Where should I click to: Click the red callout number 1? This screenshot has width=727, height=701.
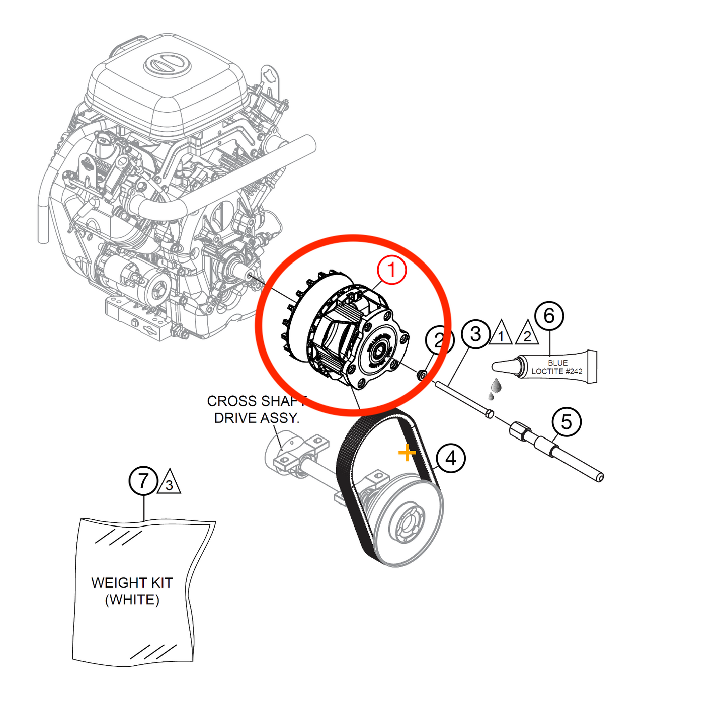[391, 270]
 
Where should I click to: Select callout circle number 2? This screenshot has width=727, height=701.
[439, 340]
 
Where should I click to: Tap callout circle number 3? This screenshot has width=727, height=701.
[475, 333]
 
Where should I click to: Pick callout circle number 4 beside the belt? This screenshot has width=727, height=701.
[451, 458]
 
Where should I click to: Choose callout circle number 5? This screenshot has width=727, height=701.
[567, 422]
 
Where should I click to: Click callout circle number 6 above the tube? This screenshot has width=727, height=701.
[549, 316]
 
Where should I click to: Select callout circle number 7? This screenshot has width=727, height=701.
[144, 481]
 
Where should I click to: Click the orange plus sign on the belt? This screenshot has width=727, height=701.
[407, 453]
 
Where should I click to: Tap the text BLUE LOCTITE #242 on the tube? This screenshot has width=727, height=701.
[557, 367]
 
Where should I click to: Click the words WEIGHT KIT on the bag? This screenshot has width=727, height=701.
[132, 583]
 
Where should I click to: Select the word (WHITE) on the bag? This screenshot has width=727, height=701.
[132, 600]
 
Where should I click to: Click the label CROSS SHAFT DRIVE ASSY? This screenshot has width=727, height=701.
[257, 409]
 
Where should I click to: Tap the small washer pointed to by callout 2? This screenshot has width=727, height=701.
[422, 375]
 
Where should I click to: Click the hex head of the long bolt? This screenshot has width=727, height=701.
[490, 414]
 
